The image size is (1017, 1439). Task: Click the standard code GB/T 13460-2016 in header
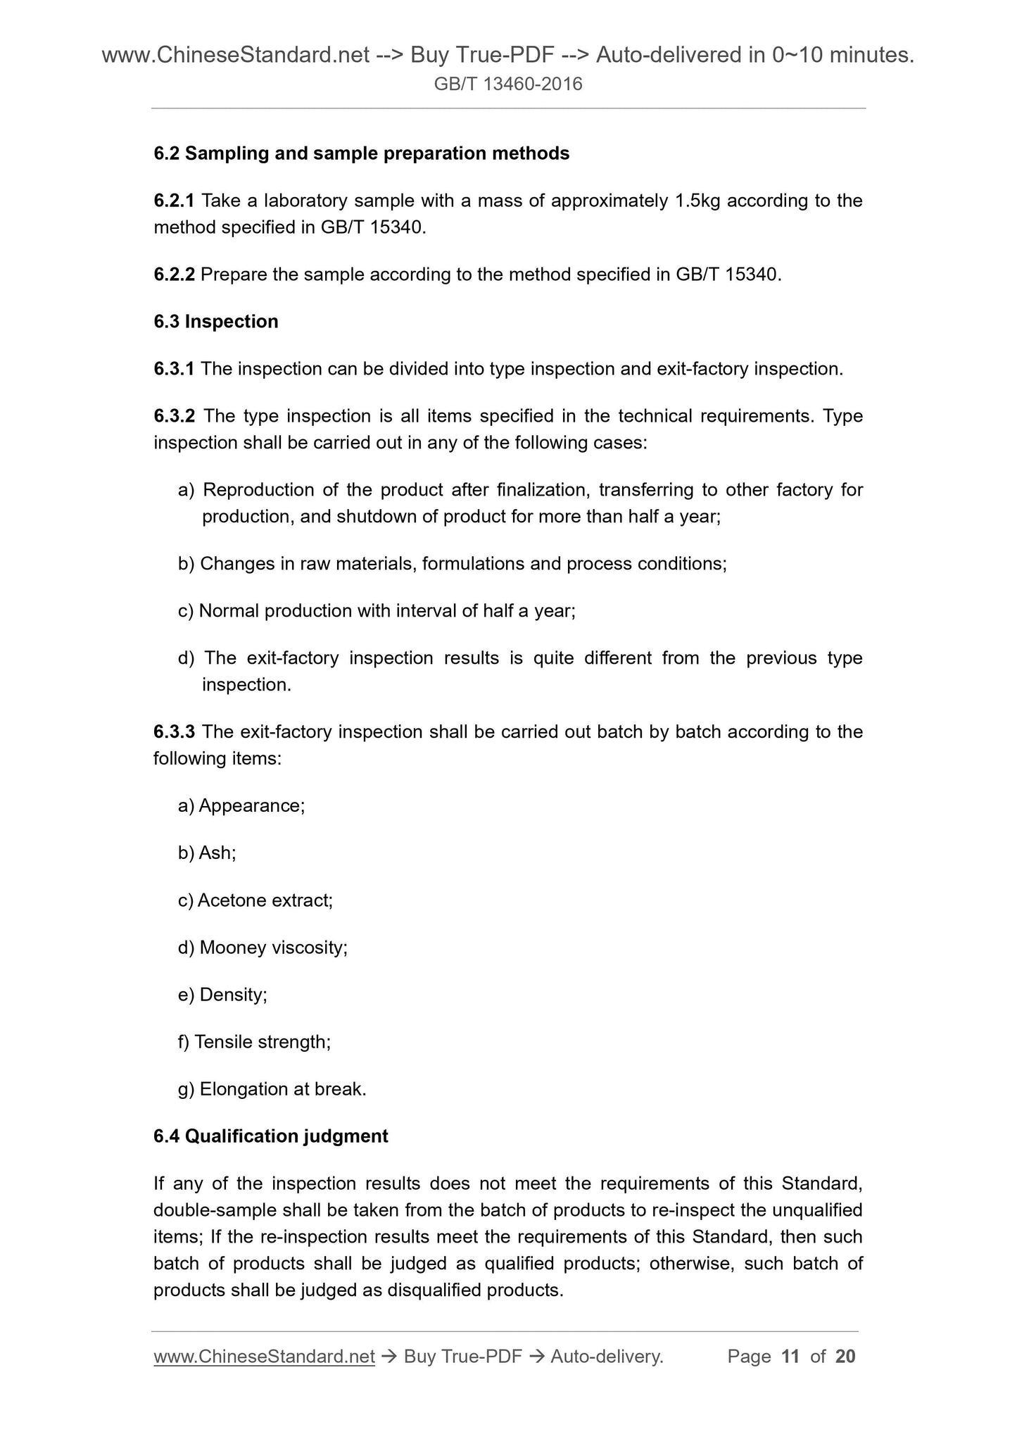coord(508,84)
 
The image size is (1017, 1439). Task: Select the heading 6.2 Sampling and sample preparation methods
coord(361,153)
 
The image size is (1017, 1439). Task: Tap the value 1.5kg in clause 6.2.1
coord(697,201)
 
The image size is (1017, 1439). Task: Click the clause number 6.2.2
coord(174,275)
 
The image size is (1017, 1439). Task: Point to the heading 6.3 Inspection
coord(215,322)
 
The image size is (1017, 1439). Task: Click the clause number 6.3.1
coord(174,369)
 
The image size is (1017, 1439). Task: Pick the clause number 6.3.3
coord(174,732)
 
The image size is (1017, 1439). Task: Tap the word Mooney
coord(232,948)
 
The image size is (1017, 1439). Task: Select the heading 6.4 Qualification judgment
coord(270,1136)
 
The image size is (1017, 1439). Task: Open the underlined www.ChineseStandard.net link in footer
coord(264,1357)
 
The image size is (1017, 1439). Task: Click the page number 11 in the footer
coord(790,1357)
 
